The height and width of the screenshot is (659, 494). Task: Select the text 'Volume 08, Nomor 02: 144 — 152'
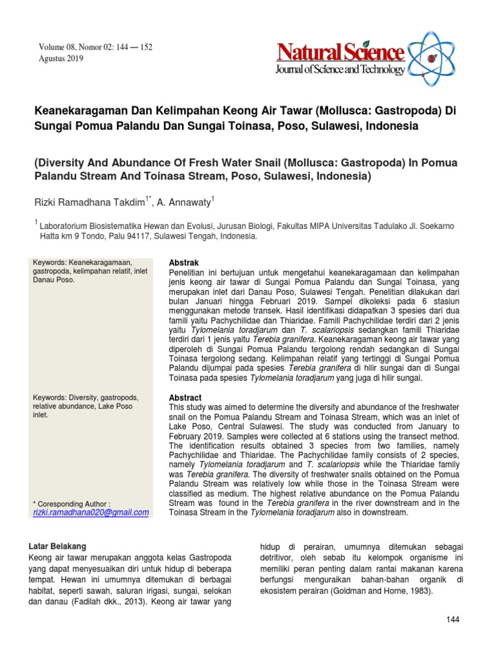[96, 48]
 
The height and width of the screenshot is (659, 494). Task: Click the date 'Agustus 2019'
[62, 59]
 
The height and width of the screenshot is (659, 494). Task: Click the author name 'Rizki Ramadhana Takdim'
[90, 202]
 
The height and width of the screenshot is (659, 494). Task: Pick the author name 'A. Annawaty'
[184, 202]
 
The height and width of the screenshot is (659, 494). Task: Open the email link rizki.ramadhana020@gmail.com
[91, 512]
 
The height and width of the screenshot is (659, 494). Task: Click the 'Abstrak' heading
[183, 263]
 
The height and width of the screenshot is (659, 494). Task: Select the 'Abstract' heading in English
[185, 398]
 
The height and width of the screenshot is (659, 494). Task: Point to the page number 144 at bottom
[453, 619]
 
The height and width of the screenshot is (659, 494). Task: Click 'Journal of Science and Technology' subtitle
[341, 70]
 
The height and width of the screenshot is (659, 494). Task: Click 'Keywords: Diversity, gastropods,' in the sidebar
[86, 397]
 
